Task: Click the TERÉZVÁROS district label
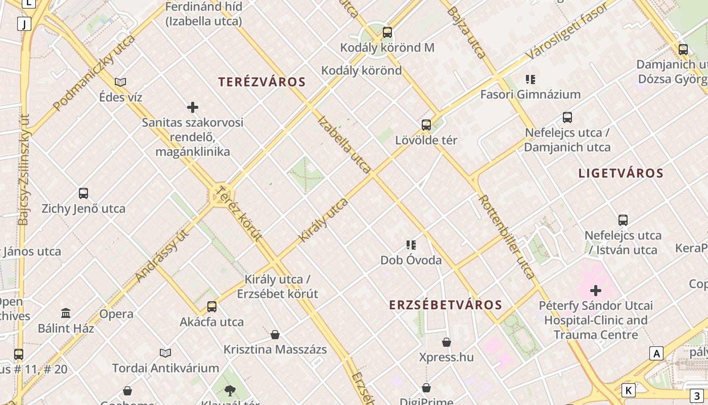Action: pos(262,82)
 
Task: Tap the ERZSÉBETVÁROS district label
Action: pos(446,305)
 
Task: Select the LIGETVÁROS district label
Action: pos(621,173)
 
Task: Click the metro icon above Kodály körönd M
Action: pos(387,32)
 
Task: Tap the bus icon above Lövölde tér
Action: pos(426,125)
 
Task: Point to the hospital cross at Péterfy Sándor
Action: pos(596,291)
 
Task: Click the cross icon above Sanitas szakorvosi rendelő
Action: pos(193,107)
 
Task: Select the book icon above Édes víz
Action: pos(120,82)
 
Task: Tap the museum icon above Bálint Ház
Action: pos(66,313)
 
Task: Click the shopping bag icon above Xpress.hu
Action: pos(447,342)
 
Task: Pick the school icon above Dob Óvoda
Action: pos(411,245)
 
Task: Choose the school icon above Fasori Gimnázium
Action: pos(530,79)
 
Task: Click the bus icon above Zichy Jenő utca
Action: pos(83,193)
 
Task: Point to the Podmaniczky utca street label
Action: pos(94,72)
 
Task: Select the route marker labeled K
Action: pos(628,390)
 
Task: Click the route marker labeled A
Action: pos(656,353)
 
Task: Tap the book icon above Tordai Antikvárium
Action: pos(165,353)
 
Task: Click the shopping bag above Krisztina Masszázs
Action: pos(275,335)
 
